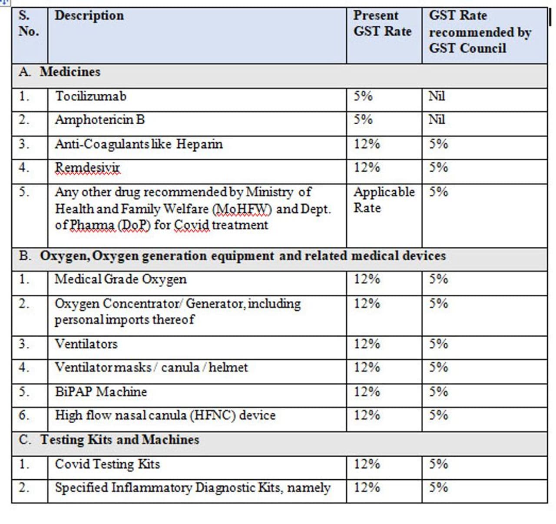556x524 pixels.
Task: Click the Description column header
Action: pos(89,16)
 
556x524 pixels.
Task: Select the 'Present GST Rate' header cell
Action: pos(382,23)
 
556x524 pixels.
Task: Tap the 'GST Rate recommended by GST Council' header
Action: pos(480,32)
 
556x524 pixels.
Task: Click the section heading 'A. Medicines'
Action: pos(60,72)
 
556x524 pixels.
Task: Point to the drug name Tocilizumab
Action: pos(90,96)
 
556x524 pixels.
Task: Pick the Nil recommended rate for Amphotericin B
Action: pos(437,119)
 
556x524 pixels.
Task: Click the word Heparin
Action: pos(199,144)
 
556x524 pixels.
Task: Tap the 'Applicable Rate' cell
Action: pos(384,200)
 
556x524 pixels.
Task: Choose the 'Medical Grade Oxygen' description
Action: pos(120,279)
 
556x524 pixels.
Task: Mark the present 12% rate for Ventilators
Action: pos(367,344)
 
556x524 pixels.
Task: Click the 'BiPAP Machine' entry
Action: pos(101,392)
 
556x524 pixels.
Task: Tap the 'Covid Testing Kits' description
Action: pos(107,464)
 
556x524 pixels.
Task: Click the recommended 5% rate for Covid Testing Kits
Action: pos(438,464)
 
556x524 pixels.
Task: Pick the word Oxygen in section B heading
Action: pos(64,256)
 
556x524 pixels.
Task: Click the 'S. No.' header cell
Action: pos(29,23)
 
